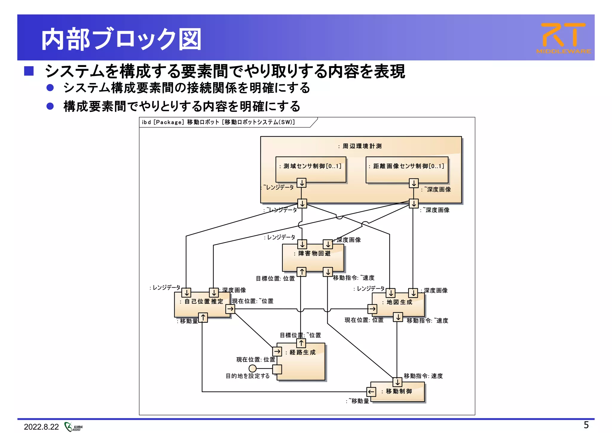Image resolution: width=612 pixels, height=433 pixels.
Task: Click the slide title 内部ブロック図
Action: (x=121, y=39)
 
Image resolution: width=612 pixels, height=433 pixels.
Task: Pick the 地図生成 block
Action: (x=398, y=304)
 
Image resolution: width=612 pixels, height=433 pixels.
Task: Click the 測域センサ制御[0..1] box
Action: (x=311, y=169)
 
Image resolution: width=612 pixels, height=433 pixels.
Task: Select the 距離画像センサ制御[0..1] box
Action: (x=407, y=169)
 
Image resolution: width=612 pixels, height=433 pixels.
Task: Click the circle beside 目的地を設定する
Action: (x=253, y=368)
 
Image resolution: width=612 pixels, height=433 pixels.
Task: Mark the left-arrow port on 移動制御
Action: (x=371, y=392)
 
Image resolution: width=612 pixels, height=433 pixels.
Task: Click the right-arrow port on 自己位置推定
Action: (x=230, y=309)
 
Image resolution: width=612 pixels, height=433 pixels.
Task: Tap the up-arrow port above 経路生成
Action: (x=301, y=343)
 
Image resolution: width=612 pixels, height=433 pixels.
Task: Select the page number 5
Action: (x=586, y=425)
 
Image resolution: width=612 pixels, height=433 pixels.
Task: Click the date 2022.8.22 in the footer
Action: (x=41, y=427)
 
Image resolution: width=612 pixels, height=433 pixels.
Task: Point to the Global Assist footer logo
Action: (x=74, y=427)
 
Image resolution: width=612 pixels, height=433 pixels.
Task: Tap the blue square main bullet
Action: (x=29, y=71)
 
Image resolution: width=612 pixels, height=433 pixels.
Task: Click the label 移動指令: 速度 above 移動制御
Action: (x=423, y=376)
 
